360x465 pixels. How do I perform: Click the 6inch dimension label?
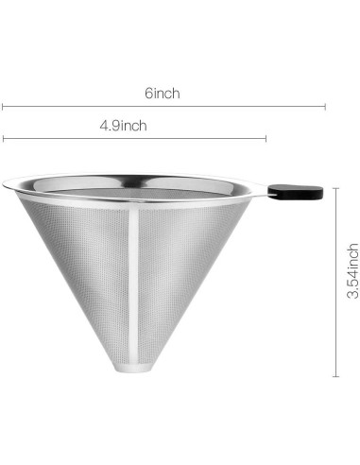[x=163, y=94]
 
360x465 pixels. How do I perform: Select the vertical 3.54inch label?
[x=352, y=271]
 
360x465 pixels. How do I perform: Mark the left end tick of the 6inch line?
[x=2, y=106]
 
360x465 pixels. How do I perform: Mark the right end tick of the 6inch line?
[x=325, y=106]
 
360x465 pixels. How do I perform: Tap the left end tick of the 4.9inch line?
[x=2, y=139]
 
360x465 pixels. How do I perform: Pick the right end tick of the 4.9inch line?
[x=266, y=139]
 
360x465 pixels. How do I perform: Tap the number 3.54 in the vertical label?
[x=352, y=284]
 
